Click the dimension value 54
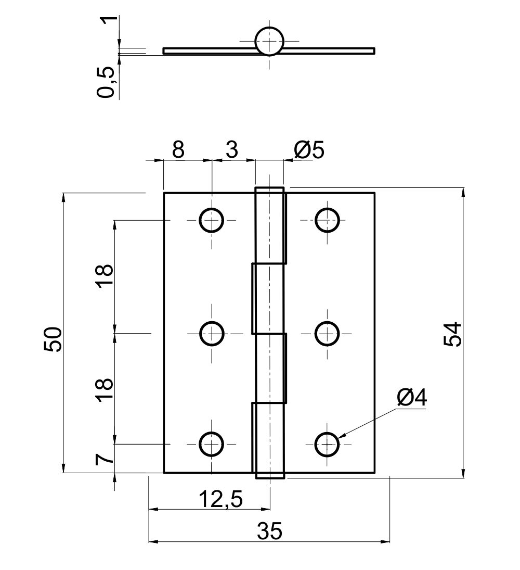453,334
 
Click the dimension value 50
53,339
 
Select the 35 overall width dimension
269,532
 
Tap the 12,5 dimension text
220,500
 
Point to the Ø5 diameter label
309,150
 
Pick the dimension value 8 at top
178,150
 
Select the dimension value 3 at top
231,150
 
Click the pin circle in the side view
269,41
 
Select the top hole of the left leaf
212,220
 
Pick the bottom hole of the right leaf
327,444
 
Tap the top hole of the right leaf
327,220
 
